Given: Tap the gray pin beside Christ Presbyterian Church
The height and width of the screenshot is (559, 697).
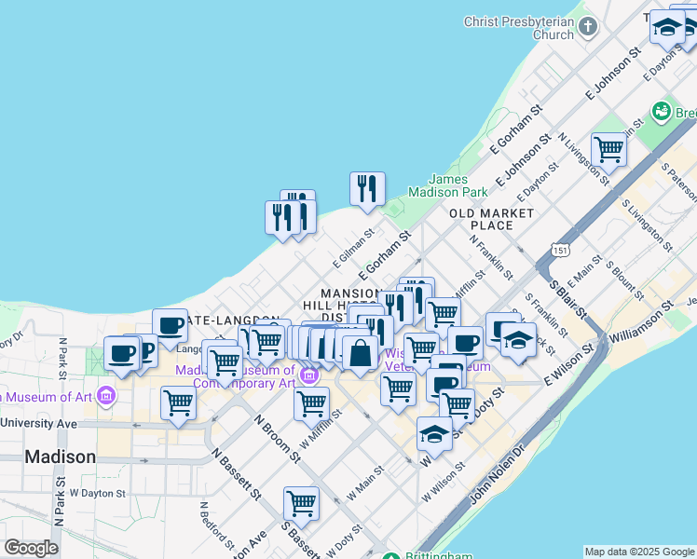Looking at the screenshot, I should [588, 28].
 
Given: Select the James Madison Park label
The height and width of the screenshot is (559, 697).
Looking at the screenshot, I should [458, 185].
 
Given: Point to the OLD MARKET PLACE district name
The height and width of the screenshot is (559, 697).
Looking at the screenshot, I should [492, 219].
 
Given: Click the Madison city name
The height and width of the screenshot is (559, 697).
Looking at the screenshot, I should [60, 457].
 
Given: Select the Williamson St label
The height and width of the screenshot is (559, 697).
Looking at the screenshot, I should [643, 319].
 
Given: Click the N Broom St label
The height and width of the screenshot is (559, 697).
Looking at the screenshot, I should [279, 438].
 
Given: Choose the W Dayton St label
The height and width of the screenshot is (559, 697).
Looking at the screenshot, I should [97, 492].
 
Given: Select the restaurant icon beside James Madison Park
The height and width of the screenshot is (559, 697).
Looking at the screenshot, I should [367, 188].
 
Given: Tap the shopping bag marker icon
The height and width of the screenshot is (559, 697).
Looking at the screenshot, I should [360, 353].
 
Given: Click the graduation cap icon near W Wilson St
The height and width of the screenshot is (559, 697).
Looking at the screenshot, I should [434, 433].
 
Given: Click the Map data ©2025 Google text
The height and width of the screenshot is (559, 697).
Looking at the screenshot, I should [639, 552].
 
